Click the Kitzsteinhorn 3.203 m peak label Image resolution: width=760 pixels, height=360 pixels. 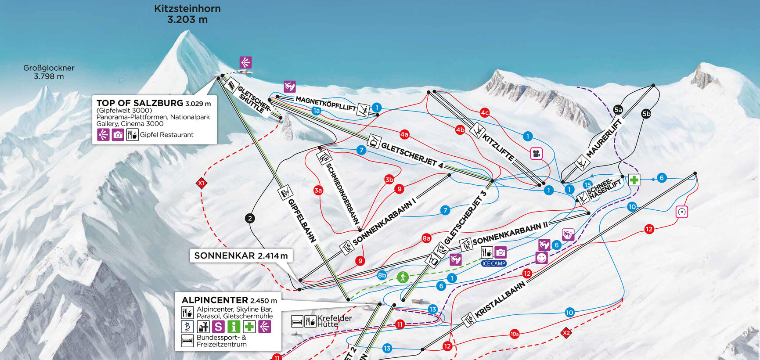point(187,14)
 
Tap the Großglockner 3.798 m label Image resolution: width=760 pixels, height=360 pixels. point(49,72)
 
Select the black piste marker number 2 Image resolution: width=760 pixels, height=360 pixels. point(250,218)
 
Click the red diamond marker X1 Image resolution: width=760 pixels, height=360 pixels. point(201,183)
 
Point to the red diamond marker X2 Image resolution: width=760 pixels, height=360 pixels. point(566,333)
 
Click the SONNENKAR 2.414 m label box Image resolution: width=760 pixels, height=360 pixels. point(241,256)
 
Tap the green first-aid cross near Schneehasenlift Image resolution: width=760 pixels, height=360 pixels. point(634,180)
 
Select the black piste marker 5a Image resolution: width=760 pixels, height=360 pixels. point(618,110)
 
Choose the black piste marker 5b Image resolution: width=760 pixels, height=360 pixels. point(646,114)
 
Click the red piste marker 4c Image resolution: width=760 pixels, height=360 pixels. point(485,113)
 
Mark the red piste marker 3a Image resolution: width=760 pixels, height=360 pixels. point(318,190)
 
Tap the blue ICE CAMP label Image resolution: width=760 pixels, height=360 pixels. point(493,263)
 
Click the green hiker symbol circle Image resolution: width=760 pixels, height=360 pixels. point(403,277)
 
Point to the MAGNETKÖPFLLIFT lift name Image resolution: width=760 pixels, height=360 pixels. point(325,104)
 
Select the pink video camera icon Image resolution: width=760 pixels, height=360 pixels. point(536,153)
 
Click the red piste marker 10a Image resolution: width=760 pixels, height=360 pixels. point(515,334)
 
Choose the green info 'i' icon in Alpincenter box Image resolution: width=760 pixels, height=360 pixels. point(234,327)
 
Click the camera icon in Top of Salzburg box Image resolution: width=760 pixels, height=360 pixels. point(118,135)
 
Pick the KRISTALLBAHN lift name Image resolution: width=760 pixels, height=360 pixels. point(500,300)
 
